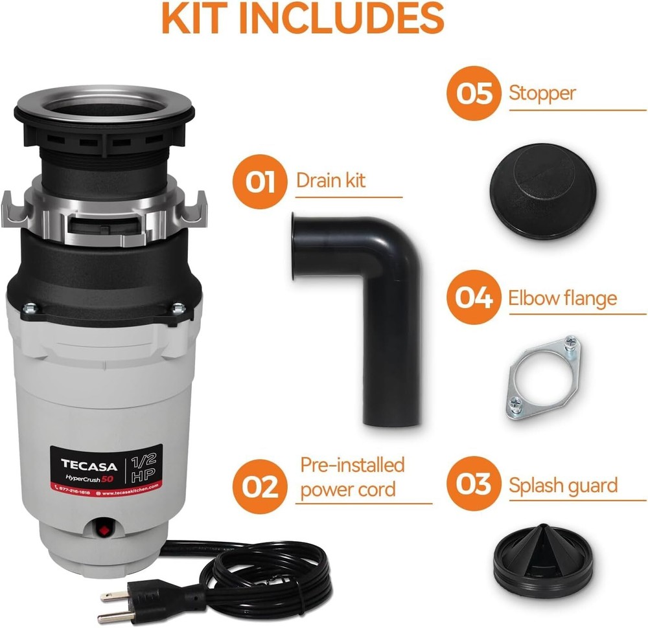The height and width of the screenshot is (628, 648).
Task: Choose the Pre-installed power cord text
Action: click(x=352, y=477)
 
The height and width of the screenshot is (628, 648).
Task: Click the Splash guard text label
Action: click(x=562, y=484)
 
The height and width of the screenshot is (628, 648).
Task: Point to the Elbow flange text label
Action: click(x=562, y=298)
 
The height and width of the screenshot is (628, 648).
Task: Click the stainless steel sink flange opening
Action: click(x=104, y=105)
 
